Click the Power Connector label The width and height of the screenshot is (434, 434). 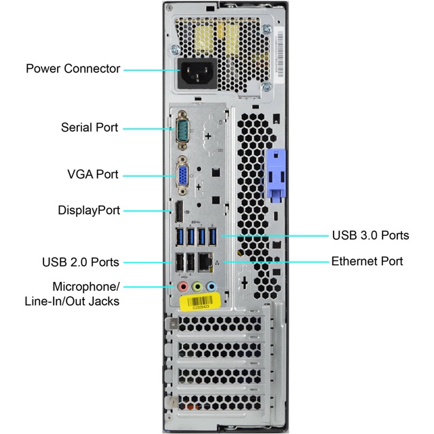73,68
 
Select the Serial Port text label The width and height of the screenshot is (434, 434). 89,127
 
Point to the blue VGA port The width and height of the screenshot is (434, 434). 182,175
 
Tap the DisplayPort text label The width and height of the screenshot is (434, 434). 89,210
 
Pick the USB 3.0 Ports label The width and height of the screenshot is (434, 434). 370,235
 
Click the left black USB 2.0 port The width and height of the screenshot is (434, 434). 179,263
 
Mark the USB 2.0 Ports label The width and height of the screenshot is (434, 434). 80,262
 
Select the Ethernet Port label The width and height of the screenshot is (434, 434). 367,261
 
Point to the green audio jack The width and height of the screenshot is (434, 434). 197,287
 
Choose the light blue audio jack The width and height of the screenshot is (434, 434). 212,287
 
